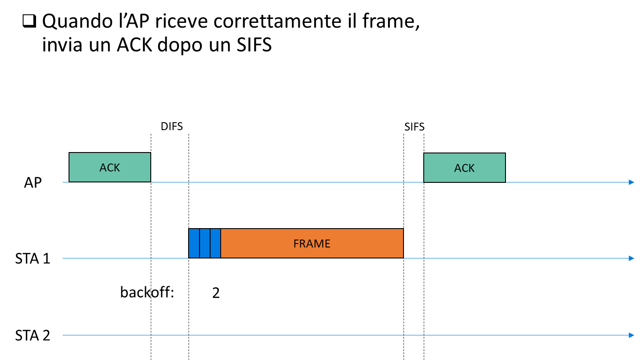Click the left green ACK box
point(110,167)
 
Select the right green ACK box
point(464,167)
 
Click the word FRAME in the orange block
point(312,244)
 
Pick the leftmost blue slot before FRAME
point(194,243)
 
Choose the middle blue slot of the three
point(205,243)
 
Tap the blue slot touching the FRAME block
point(215,243)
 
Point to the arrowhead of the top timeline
point(632,182)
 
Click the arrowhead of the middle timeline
point(632,258)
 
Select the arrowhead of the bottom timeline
point(632,335)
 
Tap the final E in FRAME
point(327,244)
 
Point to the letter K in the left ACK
point(116,167)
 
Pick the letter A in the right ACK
point(458,168)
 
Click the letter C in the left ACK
point(110,167)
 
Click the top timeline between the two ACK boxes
point(286,182)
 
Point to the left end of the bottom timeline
point(63,335)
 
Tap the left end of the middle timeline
point(63,258)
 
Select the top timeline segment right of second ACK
point(567,182)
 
